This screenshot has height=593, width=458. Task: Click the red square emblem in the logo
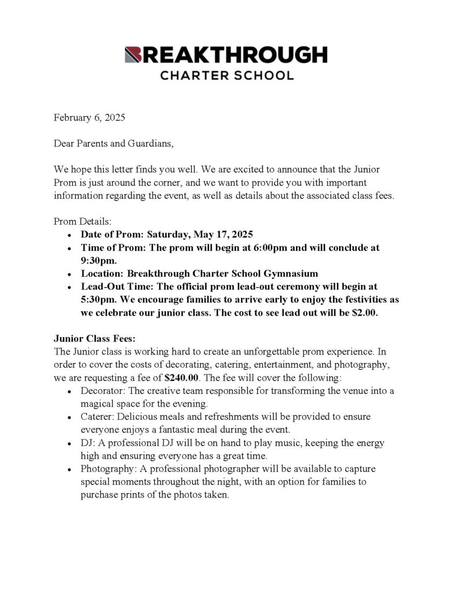pyautogui.click(x=133, y=55)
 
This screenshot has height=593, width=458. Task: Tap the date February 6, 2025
pyautogui.click(x=89, y=117)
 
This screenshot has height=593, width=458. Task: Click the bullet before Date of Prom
pyautogui.click(x=69, y=235)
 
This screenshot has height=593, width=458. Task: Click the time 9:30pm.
pyautogui.click(x=98, y=261)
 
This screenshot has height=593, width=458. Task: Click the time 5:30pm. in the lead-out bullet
pyautogui.click(x=99, y=299)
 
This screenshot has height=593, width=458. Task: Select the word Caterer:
pyautogui.click(x=98, y=417)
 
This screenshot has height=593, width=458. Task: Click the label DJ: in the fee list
pyautogui.click(x=87, y=443)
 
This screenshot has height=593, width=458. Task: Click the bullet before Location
pyautogui.click(x=69, y=274)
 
